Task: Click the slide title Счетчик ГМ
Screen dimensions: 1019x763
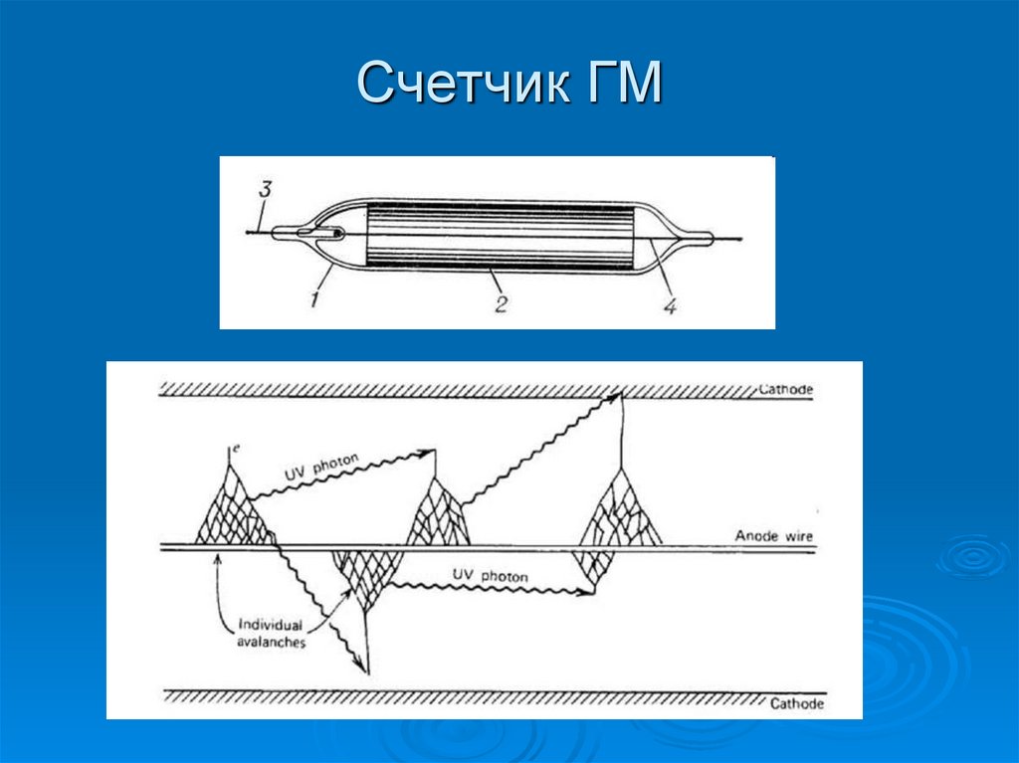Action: pos(509,83)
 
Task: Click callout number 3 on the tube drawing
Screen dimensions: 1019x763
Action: pos(264,189)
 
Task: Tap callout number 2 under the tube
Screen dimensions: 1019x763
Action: pos(501,303)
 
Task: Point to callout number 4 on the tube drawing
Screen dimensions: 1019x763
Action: pos(670,306)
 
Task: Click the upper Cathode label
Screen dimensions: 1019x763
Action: pos(786,389)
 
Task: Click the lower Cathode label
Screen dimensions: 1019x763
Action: pos(797,703)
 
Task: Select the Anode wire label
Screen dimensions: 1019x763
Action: pos(774,537)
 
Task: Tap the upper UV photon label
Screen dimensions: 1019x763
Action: pos(324,466)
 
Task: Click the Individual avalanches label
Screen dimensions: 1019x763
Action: pos(272,635)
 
